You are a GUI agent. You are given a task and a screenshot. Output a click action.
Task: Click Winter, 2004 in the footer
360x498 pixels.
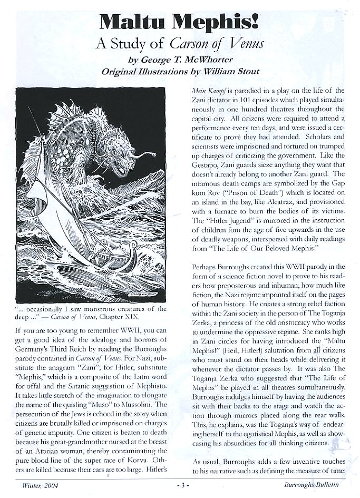(34, 486)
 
